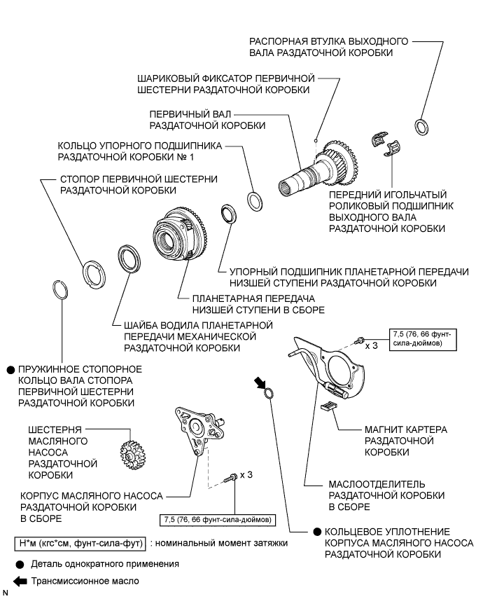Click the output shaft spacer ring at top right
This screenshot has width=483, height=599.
point(422,127)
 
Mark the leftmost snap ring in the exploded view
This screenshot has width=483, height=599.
point(61,289)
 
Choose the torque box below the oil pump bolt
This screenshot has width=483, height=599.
point(218,519)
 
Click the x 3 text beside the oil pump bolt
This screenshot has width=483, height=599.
point(246,474)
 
